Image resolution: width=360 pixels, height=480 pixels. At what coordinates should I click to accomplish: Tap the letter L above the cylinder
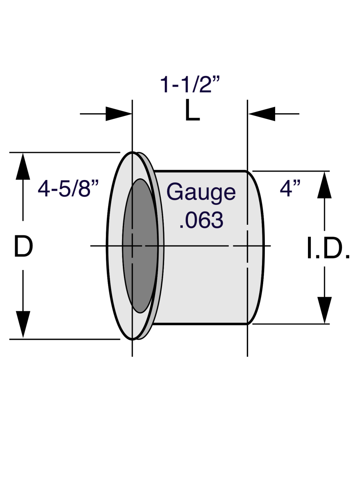[x=192, y=110]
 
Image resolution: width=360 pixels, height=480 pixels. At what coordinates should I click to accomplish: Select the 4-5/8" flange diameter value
[x=68, y=188]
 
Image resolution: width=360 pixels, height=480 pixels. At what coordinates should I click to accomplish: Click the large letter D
[x=23, y=246]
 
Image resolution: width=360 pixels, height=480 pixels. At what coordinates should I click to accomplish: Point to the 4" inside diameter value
[x=290, y=188]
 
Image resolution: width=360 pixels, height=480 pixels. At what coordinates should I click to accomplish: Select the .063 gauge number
[x=201, y=220]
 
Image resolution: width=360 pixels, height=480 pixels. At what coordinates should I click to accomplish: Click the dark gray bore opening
[x=140, y=246]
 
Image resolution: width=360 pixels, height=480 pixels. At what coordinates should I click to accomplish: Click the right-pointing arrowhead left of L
[x=119, y=114]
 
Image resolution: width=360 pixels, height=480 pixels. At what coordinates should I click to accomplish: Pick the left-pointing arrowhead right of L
[x=262, y=114]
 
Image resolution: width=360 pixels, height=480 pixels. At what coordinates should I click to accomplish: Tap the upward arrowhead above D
[x=23, y=166]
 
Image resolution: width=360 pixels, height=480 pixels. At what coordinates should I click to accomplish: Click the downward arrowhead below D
[x=23, y=324]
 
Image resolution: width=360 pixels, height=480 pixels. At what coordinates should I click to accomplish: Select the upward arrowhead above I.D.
[x=324, y=185]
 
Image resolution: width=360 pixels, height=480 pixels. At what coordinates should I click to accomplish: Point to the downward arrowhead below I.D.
[x=324, y=310]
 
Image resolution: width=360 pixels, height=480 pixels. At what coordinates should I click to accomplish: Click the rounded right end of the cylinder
[x=256, y=247]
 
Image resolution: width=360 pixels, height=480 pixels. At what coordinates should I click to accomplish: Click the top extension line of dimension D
[x=65, y=152]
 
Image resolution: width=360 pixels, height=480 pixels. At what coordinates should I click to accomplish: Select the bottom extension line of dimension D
[x=65, y=339]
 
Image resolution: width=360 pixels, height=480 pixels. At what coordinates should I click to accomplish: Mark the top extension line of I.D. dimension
[x=291, y=171]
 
